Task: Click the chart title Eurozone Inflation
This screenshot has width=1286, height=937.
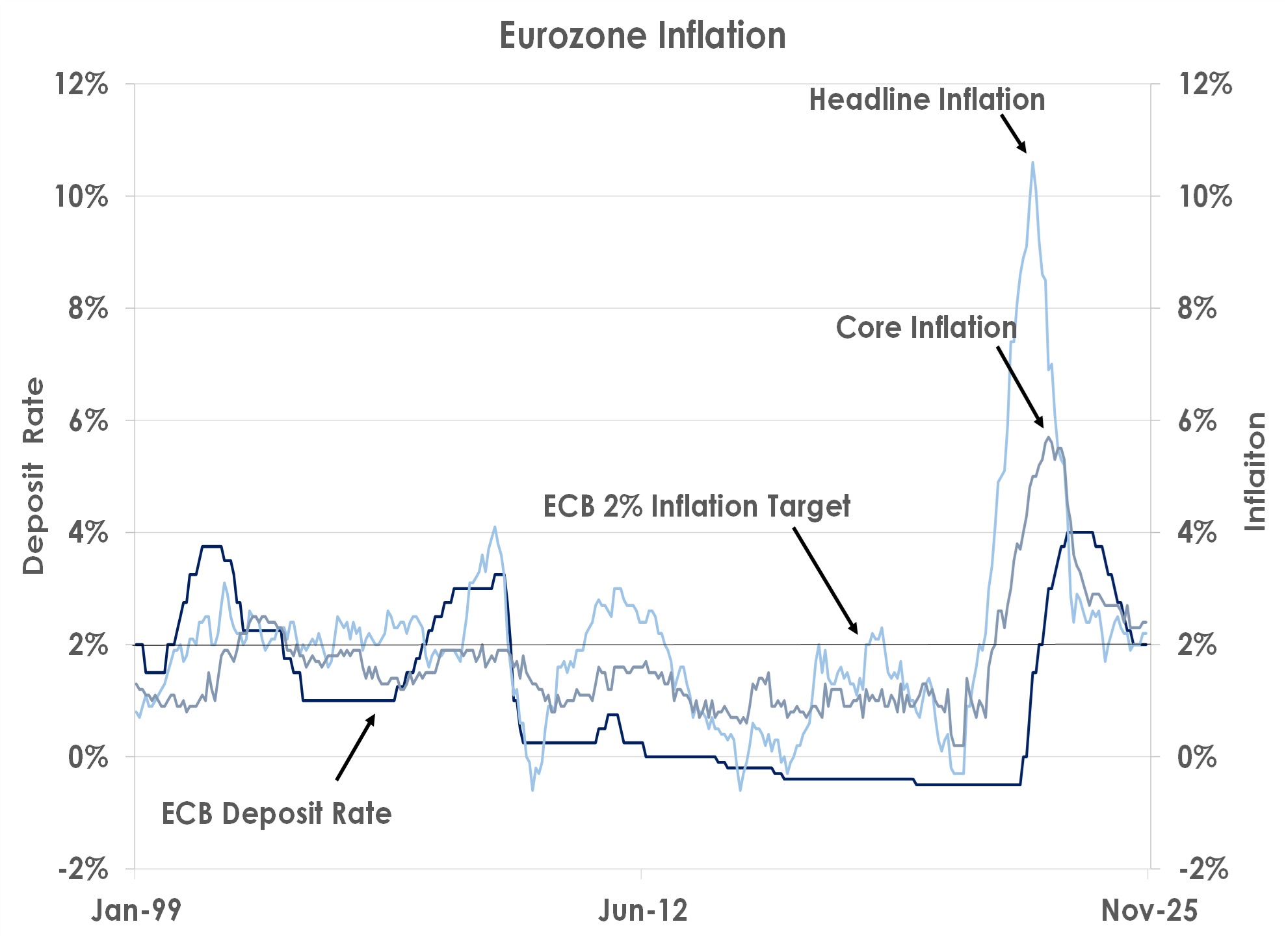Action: point(642,36)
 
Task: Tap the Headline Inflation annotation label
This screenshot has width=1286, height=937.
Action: point(926,100)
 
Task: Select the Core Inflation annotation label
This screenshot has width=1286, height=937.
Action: point(926,327)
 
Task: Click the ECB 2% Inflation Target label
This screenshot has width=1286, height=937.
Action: point(696,507)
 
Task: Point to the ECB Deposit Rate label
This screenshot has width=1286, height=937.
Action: point(276,814)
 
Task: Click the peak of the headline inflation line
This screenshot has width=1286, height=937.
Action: point(1032,163)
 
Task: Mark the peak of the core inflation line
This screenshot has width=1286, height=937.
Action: point(1048,438)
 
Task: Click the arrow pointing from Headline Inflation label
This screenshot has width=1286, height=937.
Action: point(1014,134)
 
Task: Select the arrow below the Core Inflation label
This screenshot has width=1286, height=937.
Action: point(1021,387)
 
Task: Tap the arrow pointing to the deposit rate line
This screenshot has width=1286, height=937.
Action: point(356,747)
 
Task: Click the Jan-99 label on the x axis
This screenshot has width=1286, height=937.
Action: point(136,910)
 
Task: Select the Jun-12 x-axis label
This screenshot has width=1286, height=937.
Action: point(642,910)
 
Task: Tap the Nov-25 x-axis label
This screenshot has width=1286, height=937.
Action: point(1149,910)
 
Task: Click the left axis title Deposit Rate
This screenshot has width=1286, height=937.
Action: point(34,476)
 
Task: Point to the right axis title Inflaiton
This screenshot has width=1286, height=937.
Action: point(1255,471)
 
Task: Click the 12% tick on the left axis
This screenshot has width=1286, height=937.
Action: point(81,84)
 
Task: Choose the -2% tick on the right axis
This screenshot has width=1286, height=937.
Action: point(1203,869)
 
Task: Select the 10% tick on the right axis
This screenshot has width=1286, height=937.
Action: point(1205,196)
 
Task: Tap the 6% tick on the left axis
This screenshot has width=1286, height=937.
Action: point(88,420)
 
